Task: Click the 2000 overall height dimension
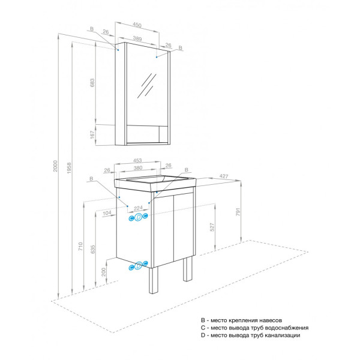55,166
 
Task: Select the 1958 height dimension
69,168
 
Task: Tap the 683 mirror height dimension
92,83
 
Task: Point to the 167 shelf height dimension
92,135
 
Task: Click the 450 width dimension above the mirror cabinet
137,25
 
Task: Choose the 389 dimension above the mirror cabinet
137,38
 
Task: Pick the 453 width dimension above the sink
137,160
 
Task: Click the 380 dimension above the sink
138,168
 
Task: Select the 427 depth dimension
224,176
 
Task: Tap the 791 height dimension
238,212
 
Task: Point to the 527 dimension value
212,227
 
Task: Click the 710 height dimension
80,247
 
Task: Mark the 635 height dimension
92,250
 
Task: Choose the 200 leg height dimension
104,272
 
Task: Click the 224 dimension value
138,208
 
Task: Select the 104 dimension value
107,213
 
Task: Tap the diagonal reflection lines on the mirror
147,85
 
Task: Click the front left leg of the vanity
153,280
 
